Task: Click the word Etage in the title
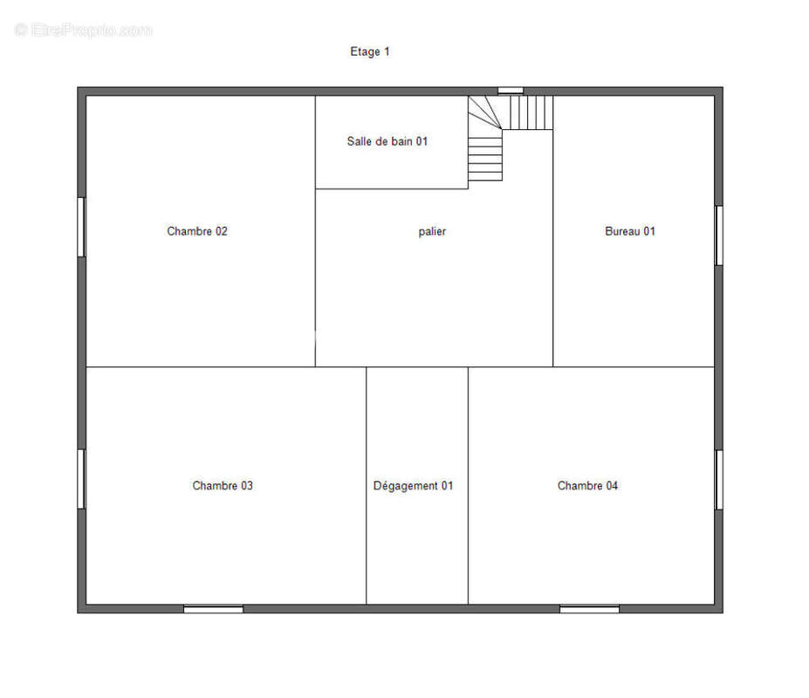[x=365, y=52]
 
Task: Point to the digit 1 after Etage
[x=387, y=51]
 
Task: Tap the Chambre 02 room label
[x=197, y=231]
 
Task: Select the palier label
[x=432, y=231]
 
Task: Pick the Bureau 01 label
[x=630, y=231]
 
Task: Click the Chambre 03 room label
[x=223, y=485]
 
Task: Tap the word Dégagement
[x=406, y=486]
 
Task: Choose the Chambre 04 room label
[x=587, y=485]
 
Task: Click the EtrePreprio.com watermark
[x=84, y=31]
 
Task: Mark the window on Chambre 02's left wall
[x=81, y=227]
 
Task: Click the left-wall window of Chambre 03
[x=81, y=479]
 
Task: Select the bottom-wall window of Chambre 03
[x=213, y=609]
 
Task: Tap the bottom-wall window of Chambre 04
[x=590, y=609]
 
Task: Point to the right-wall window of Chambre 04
[x=719, y=480]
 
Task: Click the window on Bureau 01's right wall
[x=719, y=236]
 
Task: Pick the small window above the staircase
[x=511, y=91]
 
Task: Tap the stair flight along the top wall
[x=527, y=113]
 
